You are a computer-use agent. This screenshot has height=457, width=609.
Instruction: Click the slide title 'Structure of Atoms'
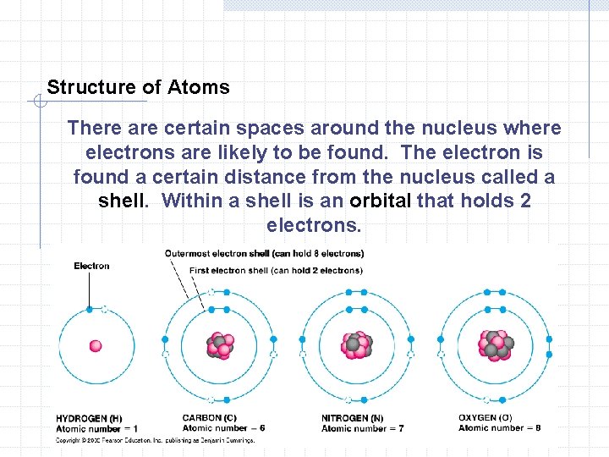[x=138, y=87]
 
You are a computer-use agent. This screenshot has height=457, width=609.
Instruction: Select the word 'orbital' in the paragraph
[x=378, y=201]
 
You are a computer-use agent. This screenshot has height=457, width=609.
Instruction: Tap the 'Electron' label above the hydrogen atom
[x=91, y=266]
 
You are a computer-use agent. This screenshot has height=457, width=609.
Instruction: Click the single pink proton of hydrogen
[x=96, y=345]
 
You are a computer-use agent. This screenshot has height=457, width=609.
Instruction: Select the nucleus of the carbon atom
[x=219, y=345]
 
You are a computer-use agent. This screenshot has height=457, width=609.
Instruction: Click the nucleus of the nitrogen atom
[x=356, y=344]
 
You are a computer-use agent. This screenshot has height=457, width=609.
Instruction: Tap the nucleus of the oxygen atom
[x=494, y=344]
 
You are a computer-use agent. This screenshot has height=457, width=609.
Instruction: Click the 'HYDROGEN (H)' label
[x=89, y=418]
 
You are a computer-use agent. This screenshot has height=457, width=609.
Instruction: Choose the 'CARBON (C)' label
[x=209, y=418]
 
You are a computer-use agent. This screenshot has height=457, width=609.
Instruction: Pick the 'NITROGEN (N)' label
[x=352, y=418]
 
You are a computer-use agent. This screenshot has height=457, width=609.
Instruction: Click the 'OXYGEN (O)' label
[x=485, y=418]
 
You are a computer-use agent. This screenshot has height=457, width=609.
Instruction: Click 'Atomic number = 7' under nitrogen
[x=362, y=428]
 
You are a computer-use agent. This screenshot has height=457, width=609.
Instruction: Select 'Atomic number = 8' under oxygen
[x=499, y=428]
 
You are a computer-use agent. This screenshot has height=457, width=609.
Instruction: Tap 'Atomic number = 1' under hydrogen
[x=96, y=428]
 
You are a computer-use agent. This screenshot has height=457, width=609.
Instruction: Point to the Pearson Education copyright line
[x=155, y=440]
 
